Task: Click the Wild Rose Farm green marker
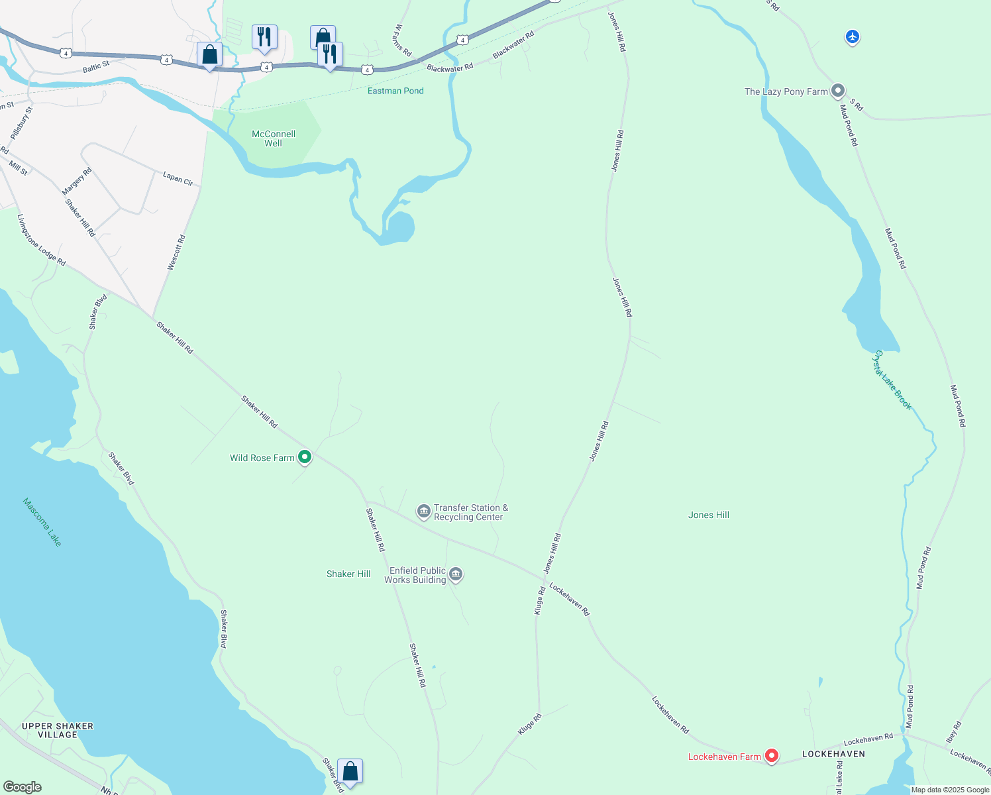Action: click(x=305, y=456)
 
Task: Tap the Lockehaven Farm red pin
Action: click(x=771, y=755)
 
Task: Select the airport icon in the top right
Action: click(x=853, y=37)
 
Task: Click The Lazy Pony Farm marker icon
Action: click(x=838, y=91)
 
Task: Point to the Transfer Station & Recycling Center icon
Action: click(x=424, y=511)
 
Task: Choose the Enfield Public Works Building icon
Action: click(x=456, y=574)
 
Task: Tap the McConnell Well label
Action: click(x=274, y=138)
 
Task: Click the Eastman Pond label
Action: click(x=395, y=91)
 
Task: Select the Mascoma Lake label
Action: click(x=42, y=522)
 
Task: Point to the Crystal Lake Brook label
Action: click(x=892, y=380)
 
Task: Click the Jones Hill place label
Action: click(x=708, y=515)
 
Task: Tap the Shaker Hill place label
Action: click(x=348, y=574)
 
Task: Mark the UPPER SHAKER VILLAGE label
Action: click(x=58, y=730)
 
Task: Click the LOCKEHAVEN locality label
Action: click(x=833, y=754)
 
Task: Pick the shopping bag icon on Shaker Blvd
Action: click(x=350, y=772)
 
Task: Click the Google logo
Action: click(x=23, y=787)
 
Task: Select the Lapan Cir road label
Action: click(x=178, y=178)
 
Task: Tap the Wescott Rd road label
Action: click(x=176, y=252)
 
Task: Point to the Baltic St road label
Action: click(x=96, y=67)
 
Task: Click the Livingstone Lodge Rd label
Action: click(x=41, y=240)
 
